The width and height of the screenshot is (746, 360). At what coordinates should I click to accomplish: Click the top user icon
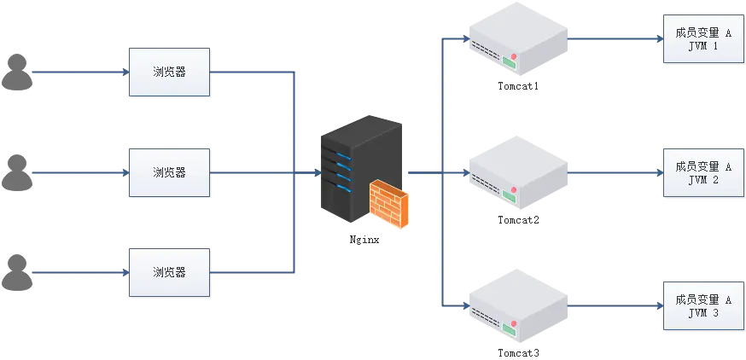coord(17,73)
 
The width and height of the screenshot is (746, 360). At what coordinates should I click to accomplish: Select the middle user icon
coord(17,172)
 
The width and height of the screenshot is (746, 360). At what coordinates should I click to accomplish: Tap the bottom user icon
coord(17,272)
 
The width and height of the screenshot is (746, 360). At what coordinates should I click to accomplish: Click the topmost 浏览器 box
coord(169,73)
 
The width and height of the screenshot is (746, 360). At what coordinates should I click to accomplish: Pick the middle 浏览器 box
coord(169,172)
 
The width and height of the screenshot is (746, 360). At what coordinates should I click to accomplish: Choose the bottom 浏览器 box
coord(169,273)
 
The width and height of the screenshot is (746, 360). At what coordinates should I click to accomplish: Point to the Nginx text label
coord(364,241)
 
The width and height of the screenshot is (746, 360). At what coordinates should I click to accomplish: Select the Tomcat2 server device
coord(518,175)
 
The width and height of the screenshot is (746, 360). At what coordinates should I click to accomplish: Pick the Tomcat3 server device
coord(518,307)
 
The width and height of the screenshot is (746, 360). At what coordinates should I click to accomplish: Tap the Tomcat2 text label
coord(519,220)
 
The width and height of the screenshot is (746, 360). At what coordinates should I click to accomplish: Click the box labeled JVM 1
coord(703,39)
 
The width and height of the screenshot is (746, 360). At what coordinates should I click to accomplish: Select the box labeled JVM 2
coord(703,173)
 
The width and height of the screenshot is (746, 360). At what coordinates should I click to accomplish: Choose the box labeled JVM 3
coord(703,306)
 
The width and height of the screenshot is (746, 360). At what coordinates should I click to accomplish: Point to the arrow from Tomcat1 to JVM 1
coord(615,39)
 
